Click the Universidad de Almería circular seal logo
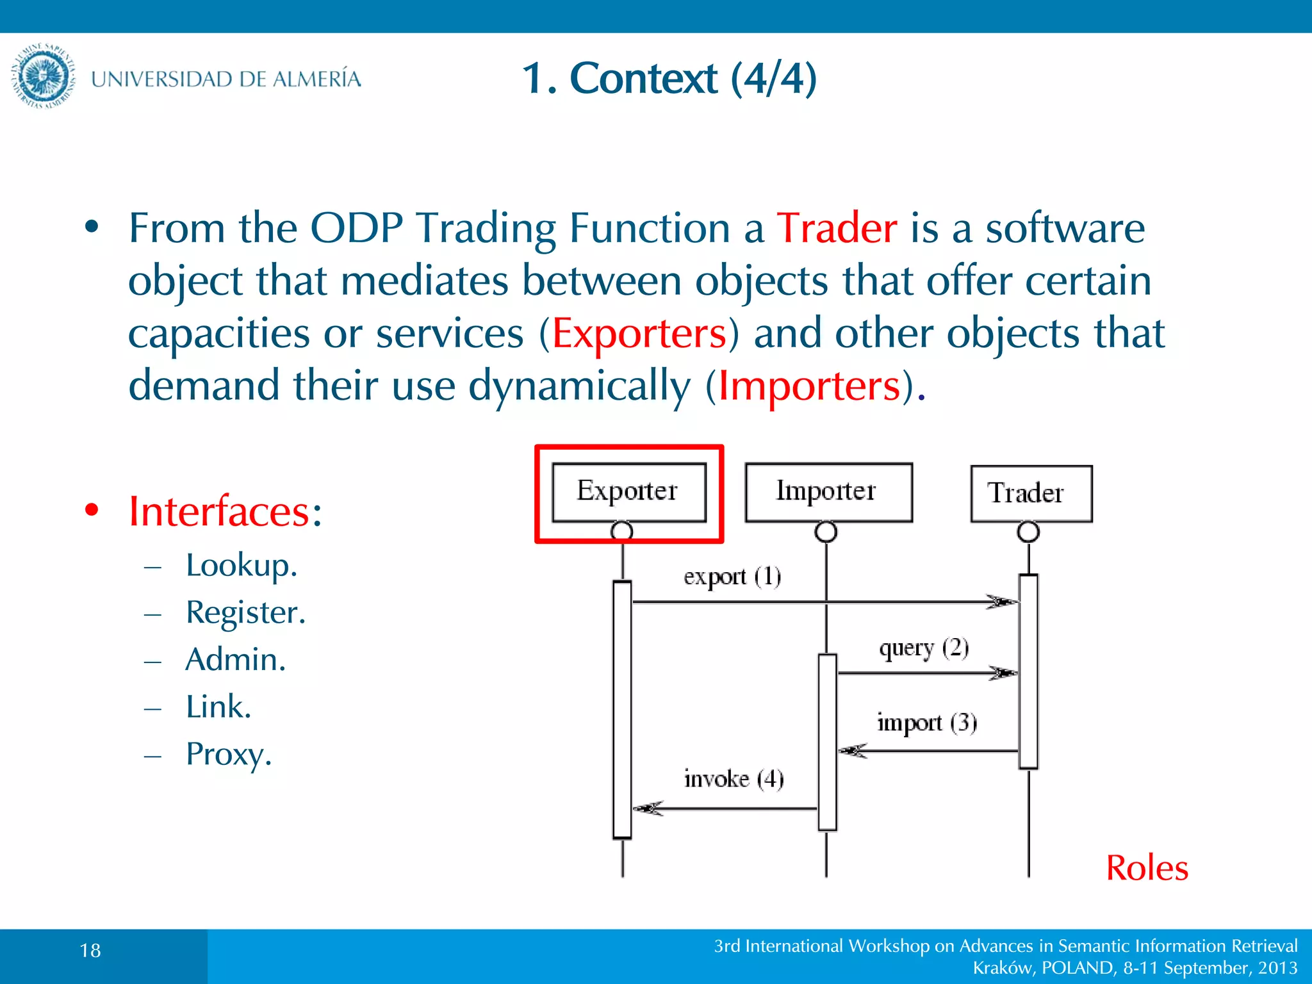[x=43, y=76]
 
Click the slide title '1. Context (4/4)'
[x=669, y=78]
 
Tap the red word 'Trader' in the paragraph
[x=837, y=228]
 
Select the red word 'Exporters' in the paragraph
[x=639, y=334]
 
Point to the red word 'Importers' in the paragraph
[x=809, y=386]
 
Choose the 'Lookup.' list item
[x=242, y=565]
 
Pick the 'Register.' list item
[x=245, y=612]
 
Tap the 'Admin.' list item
[x=235, y=659]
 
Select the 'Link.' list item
[x=218, y=707]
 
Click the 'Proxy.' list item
[x=229, y=754]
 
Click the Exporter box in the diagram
[x=628, y=491]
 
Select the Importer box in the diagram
[x=828, y=491]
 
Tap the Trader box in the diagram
[x=1030, y=493]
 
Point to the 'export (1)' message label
[x=732, y=576]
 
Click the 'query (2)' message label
[x=923, y=648]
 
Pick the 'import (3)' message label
[x=926, y=723]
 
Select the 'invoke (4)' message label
[x=734, y=779]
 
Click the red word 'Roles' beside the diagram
[x=1147, y=868]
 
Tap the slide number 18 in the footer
[x=90, y=950]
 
